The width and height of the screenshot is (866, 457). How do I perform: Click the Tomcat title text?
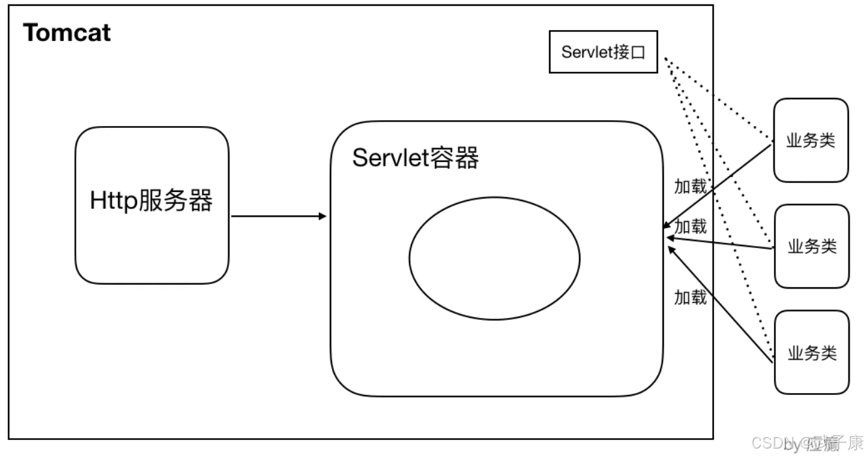[x=67, y=32]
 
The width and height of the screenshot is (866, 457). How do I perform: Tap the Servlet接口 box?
[x=603, y=52]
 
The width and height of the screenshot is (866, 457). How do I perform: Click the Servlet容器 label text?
[x=415, y=158]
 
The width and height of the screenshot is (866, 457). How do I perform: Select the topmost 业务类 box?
[x=811, y=140]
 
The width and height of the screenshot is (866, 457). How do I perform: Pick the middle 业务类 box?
[x=811, y=246]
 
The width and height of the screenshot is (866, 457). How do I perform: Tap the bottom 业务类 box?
[x=811, y=353]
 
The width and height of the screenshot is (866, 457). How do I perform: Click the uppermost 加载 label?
[x=690, y=187]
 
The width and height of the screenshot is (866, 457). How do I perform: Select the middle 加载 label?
[x=690, y=227]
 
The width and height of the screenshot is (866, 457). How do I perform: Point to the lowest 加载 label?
[x=690, y=298]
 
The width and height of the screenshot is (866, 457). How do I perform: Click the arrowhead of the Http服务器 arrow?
[x=322, y=216]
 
